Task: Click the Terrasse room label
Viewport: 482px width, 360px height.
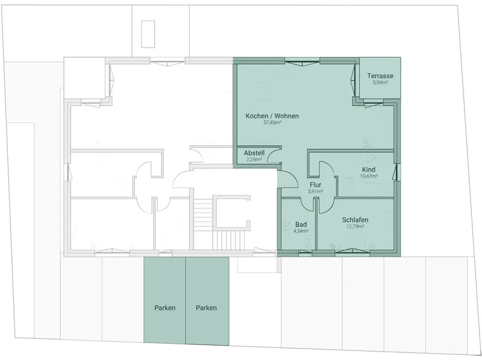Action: pyautogui.click(x=380, y=76)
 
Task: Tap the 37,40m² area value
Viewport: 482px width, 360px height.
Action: pyautogui.click(x=272, y=123)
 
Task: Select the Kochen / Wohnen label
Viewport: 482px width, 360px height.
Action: pyautogui.click(x=272, y=116)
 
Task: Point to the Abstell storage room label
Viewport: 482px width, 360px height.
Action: pyautogui.click(x=254, y=153)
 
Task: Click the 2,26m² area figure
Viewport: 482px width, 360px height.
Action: pyautogui.click(x=254, y=160)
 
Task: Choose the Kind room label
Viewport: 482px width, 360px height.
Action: pyautogui.click(x=369, y=170)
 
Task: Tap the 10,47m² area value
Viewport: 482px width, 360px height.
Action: pyautogui.click(x=369, y=176)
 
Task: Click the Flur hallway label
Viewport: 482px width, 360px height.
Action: pyautogui.click(x=315, y=185)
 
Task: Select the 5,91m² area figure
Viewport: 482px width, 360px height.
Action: pyautogui.click(x=315, y=191)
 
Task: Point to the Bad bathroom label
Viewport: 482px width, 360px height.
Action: pyautogui.click(x=301, y=225)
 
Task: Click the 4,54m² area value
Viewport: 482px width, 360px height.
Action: pyautogui.click(x=301, y=231)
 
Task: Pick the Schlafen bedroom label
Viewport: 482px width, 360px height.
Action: pyautogui.click(x=355, y=220)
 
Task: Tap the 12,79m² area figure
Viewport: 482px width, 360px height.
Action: pyautogui.click(x=355, y=227)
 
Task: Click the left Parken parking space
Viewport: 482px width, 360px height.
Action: pyautogui.click(x=164, y=301)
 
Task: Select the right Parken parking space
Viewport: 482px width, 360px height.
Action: pyautogui.click(x=207, y=302)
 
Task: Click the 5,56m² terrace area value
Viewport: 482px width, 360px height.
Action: pyautogui.click(x=380, y=82)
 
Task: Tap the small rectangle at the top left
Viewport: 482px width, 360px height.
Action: pyautogui.click(x=148, y=34)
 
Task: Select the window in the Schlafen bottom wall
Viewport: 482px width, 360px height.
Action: pyautogui.click(x=352, y=252)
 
